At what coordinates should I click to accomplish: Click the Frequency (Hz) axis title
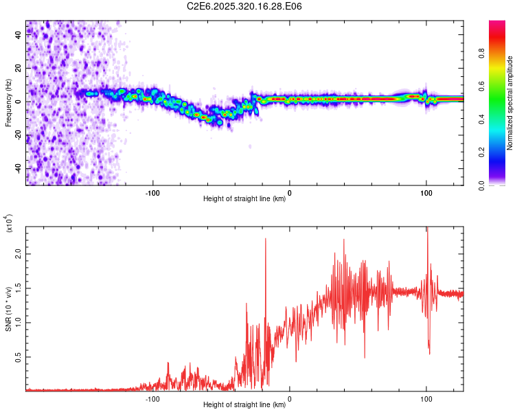pos(8,103)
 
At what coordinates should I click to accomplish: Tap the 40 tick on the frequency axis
pos(18,35)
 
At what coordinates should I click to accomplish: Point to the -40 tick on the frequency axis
pos(18,168)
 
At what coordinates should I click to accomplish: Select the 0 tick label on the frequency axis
pos(18,102)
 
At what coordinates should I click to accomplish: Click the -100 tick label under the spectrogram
pos(152,192)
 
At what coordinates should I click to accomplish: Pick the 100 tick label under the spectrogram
pos(426,192)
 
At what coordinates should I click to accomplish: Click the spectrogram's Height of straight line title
pos(244,199)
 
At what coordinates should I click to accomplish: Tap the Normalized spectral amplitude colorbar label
pos(510,103)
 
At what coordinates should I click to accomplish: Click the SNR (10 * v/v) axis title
pos(8,309)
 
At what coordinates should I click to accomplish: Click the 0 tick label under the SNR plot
pos(289,398)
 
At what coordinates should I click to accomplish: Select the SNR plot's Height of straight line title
pos(244,405)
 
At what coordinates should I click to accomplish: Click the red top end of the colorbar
pos(497,25)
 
